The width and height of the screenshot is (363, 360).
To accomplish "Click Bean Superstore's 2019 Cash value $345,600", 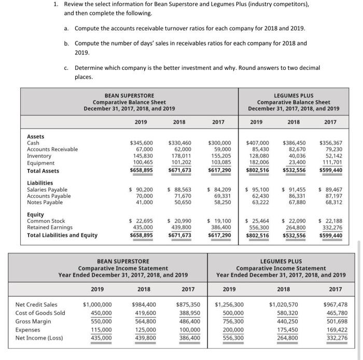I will [141, 142].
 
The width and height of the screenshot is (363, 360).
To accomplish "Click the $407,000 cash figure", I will [258, 142].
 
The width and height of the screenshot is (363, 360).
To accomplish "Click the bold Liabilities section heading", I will [40, 183].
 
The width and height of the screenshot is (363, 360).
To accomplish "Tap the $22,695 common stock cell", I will [141, 221].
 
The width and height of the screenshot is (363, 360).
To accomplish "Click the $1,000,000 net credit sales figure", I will [97, 305].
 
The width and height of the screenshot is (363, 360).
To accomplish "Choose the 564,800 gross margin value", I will [145, 321].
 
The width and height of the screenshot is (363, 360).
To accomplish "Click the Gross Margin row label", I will [34, 321].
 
